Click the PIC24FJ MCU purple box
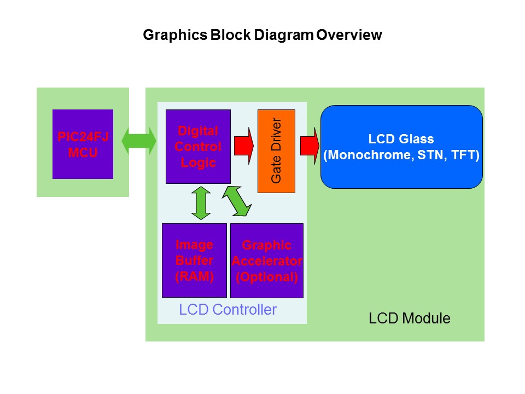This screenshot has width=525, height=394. coord(83,144)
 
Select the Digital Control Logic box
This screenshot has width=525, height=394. coord(198,146)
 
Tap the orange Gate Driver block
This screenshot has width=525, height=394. coord(276,151)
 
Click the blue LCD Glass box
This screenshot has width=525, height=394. coord(401,147)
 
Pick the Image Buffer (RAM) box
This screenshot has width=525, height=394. coord(194,260)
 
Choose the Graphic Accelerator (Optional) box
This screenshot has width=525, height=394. coord(267,260)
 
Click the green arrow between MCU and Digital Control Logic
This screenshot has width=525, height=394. coord(139,142)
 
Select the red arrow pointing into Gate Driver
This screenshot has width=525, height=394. coord(244,146)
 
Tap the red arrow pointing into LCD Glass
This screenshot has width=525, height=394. coord(309,146)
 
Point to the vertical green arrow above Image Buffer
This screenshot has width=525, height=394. coord(202,203)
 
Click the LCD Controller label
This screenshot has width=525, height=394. coord(228,310)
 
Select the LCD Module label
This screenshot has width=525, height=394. coord(410,318)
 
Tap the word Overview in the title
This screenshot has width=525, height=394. coord(349,35)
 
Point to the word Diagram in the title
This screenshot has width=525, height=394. coord(286,35)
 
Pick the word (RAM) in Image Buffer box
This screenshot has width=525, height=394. coord(194,276)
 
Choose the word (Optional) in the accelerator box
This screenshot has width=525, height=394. coord(267,277)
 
